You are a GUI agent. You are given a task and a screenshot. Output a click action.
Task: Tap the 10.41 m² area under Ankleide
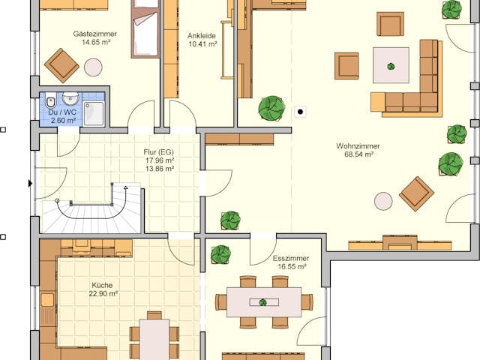(202, 44)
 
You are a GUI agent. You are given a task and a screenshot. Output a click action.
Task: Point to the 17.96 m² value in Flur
(159, 160)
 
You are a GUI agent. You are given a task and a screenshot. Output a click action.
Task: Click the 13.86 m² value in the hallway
(159, 169)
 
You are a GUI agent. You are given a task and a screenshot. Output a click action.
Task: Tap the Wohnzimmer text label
(358, 145)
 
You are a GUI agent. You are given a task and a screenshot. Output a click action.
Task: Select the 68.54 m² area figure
(358, 154)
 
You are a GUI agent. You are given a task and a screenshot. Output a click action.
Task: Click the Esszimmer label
(289, 258)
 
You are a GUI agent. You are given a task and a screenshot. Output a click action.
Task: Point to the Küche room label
(103, 285)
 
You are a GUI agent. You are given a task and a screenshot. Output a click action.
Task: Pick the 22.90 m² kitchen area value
(103, 294)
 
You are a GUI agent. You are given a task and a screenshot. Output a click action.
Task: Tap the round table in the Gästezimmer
(93, 67)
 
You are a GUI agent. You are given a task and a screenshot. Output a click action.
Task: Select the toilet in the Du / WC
(49, 101)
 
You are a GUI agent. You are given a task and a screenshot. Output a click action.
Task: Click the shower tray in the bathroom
(94, 113)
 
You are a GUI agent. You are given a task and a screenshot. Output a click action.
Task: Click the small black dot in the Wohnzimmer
(301, 112)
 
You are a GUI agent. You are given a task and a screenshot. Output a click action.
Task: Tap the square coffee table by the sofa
(391, 65)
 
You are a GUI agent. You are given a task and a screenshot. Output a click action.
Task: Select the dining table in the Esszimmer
(264, 301)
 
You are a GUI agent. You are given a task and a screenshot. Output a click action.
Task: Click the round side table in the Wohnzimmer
(383, 201)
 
